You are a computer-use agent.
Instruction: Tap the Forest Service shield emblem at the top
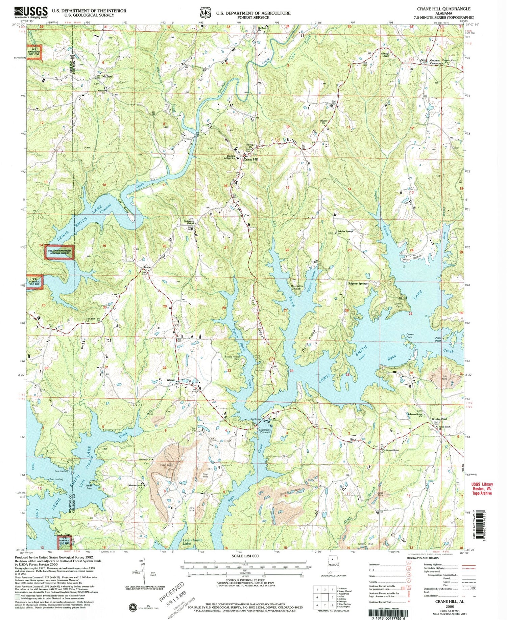coord(203,12)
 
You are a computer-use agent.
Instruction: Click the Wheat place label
coord(171,380)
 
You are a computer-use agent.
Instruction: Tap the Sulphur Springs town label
coord(358,284)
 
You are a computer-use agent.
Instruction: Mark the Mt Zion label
coord(107,77)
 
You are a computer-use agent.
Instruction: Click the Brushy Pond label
coord(439,419)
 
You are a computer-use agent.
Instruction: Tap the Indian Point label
coord(89,487)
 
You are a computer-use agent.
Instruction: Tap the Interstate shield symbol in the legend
coord(408,564)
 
